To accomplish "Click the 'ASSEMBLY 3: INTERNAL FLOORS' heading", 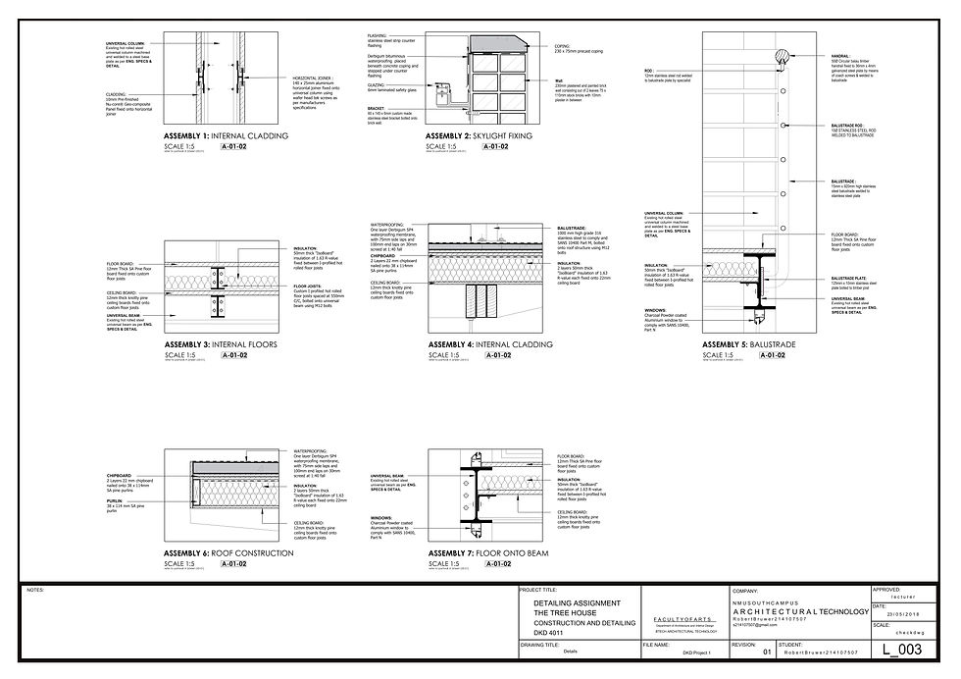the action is pyautogui.click(x=221, y=344).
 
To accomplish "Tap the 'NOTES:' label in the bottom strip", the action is pyautogui.click(x=37, y=591).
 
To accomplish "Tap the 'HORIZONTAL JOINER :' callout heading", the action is pyautogui.click(x=310, y=76).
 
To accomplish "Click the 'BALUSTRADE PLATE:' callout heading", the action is pyautogui.click(x=848, y=278).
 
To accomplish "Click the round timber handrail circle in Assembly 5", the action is pyautogui.click(x=783, y=57).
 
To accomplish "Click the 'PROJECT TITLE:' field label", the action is pyautogui.click(x=538, y=591).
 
